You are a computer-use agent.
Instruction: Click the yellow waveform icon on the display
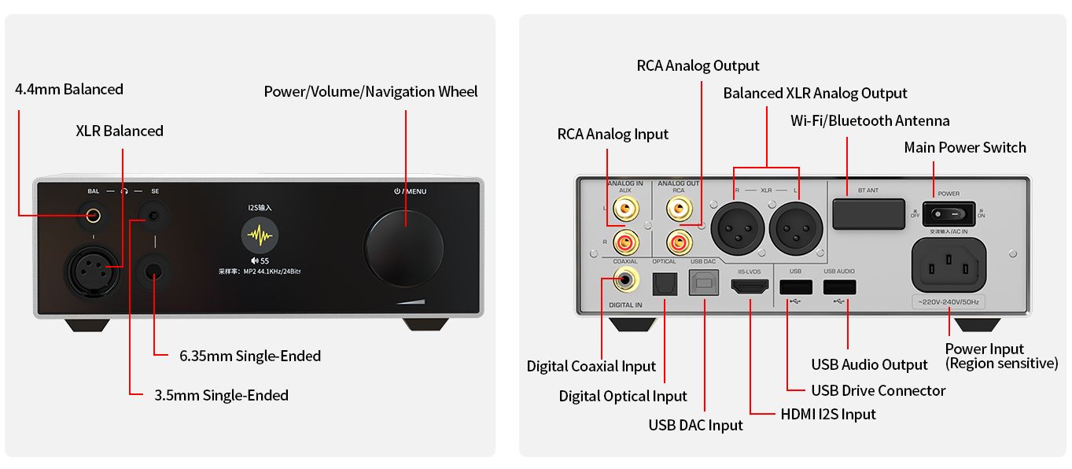pos(260,236)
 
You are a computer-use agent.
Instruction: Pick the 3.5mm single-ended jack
pos(154,214)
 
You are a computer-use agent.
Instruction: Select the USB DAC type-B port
pos(703,282)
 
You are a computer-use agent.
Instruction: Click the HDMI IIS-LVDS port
pos(750,288)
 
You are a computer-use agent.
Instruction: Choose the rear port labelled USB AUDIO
pos(839,287)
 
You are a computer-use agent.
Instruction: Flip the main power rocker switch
pos(949,213)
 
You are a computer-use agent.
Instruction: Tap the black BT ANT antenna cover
pos(868,212)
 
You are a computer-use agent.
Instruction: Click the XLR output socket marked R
pos(738,227)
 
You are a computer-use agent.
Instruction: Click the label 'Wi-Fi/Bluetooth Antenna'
pos(870,120)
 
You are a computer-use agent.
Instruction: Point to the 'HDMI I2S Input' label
pos(828,414)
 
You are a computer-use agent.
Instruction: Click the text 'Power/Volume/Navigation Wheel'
pos(370,91)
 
